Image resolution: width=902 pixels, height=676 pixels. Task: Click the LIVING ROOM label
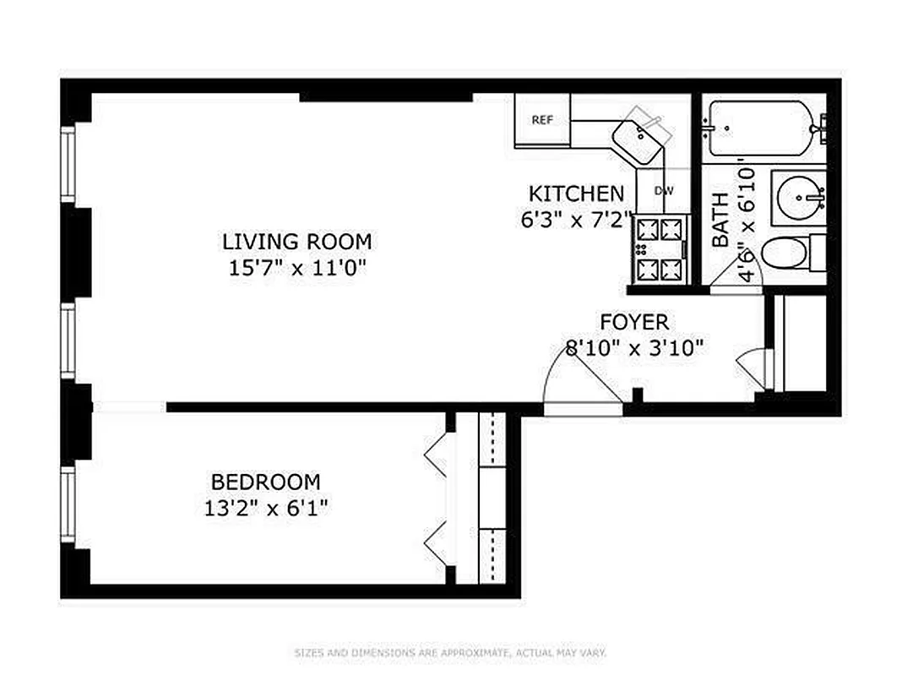[x=296, y=242]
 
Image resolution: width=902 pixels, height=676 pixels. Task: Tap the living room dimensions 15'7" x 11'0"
[x=296, y=268]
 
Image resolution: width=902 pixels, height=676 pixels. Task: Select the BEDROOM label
[x=265, y=482]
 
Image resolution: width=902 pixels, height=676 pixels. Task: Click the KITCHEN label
[x=577, y=194]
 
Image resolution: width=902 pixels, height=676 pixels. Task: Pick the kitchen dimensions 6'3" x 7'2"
[x=577, y=219]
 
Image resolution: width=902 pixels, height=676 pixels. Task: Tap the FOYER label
[x=634, y=322]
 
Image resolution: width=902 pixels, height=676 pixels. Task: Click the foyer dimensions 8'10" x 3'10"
[x=634, y=347]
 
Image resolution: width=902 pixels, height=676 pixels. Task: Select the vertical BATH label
[x=720, y=220]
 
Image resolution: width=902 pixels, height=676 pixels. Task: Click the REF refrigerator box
[x=542, y=120]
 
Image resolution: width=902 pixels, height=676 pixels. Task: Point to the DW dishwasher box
[x=666, y=190]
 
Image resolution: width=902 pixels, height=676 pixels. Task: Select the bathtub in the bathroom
[x=760, y=128]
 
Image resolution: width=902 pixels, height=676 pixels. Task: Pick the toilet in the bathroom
[x=790, y=253]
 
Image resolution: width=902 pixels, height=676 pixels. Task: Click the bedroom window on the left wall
[x=68, y=505]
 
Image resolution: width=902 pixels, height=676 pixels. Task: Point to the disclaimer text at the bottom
[x=450, y=652]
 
